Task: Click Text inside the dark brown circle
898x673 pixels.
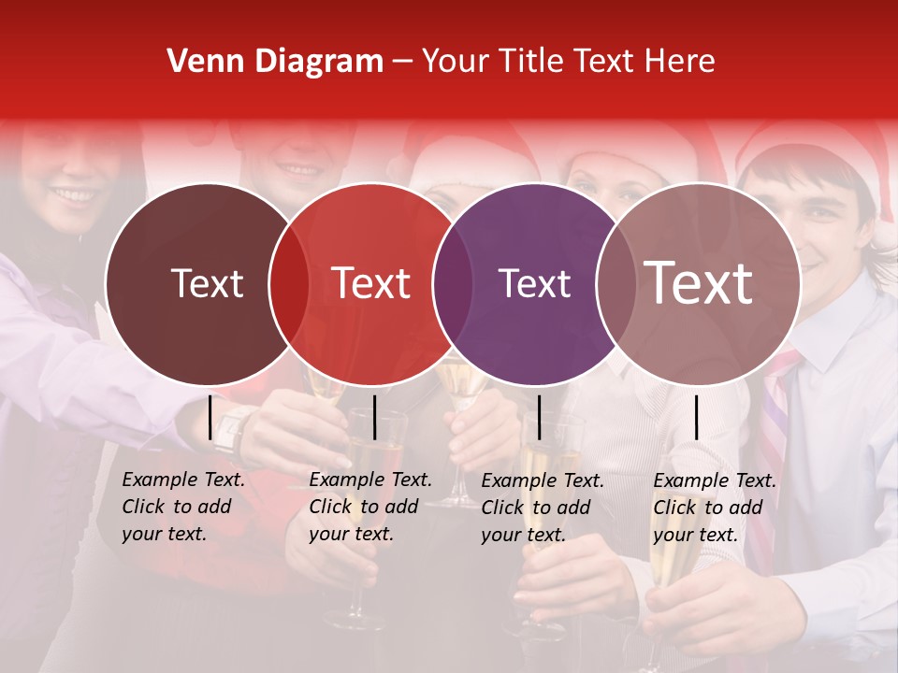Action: (207, 284)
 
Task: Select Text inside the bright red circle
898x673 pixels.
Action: (371, 284)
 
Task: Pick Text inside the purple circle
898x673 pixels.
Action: (535, 284)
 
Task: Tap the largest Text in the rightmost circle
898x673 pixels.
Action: (699, 284)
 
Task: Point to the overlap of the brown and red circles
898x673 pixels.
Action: (289, 284)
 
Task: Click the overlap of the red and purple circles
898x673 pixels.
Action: (453, 284)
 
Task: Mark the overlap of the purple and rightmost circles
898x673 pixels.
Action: (616, 284)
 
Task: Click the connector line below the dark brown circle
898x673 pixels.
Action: (210, 417)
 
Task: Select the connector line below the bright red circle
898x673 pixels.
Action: (374, 417)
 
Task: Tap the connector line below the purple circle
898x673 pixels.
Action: (539, 417)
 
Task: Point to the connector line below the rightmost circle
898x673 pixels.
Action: (696, 417)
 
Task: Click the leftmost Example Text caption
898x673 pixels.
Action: (183, 507)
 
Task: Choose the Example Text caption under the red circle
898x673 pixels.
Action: (370, 507)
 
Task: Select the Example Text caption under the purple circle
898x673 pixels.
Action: (543, 508)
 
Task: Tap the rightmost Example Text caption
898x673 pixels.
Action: (715, 508)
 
